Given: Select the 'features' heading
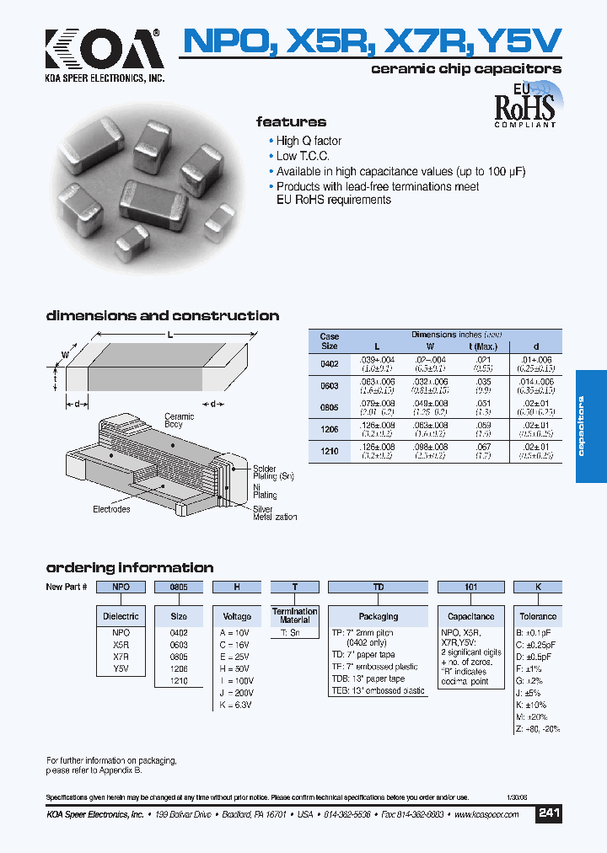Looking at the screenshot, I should tap(291, 122).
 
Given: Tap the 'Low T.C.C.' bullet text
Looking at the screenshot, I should tap(303, 156).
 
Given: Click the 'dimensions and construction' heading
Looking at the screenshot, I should tap(162, 316).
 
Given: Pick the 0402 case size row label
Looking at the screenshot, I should tap(329, 364).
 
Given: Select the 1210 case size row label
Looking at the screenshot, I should tap(329, 452).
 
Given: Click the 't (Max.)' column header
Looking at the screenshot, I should tap(482, 346).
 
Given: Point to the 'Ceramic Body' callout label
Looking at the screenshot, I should tap(179, 421).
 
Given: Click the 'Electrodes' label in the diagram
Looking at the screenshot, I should tap(111, 509).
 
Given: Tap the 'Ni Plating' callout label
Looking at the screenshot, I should tap(265, 491).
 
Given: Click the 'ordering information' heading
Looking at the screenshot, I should tap(130, 567).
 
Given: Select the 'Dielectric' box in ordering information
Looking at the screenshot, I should tap(121, 616).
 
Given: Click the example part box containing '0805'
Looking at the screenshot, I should tap(179, 587).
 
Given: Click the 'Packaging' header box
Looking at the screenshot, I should tap(379, 616).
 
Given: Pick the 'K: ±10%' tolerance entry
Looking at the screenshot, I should tap(531, 705).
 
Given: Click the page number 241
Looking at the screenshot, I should tap(549, 813).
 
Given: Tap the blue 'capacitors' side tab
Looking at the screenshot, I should tap(590, 426).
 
